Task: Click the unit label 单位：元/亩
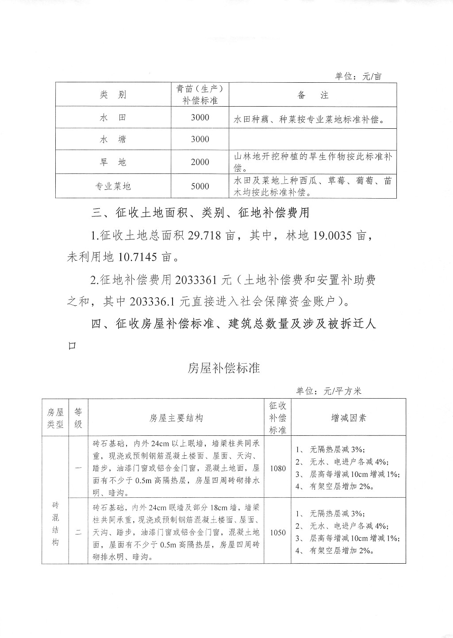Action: (358, 76)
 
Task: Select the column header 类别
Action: (113, 95)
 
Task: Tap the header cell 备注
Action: (313, 95)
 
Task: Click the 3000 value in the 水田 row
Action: (200, 118)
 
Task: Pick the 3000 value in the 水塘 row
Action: (200, 139)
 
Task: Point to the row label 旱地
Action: (113, 162)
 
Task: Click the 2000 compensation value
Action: (200, 162)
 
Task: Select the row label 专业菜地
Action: (113, 186)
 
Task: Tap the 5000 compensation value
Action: (200, 186)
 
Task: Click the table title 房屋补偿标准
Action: (224, 368)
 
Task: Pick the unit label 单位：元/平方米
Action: (329, 391)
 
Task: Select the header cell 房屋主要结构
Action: (176, 418)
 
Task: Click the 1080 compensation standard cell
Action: (278, 468)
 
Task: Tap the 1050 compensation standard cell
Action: (278, 532)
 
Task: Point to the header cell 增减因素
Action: (349, 418)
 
